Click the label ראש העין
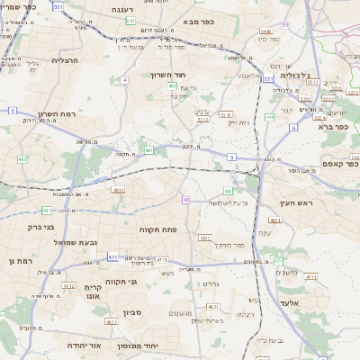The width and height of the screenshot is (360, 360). click(295, 202)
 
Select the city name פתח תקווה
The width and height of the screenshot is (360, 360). click(158, 229)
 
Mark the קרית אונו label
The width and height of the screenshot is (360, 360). click(94, 292)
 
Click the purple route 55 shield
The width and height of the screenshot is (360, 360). click(285, 24)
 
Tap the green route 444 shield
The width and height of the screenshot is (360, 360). click(270, 117)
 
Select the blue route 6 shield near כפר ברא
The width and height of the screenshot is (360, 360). click(294, 128)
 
